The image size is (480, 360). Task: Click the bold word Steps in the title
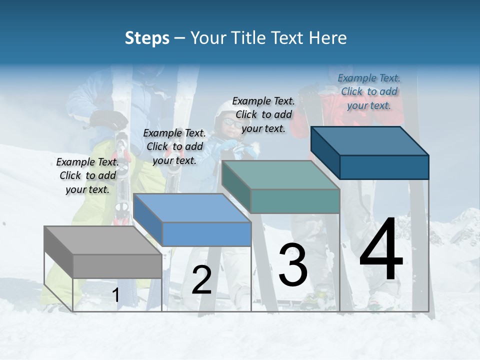click(147, 38)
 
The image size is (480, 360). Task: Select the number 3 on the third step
click(293, 265)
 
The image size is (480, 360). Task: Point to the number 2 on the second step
click(201, 280)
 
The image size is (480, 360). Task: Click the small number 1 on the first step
click(115, 295)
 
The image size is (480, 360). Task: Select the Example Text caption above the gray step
click(87, 175)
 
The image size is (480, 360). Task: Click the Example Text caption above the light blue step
click(174, 146)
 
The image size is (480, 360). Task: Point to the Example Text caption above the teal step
click(263, 114)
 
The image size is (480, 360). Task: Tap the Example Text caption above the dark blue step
click(369, 91)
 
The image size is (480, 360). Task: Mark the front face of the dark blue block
click(384, 167)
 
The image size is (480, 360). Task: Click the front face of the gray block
click(117, 266)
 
